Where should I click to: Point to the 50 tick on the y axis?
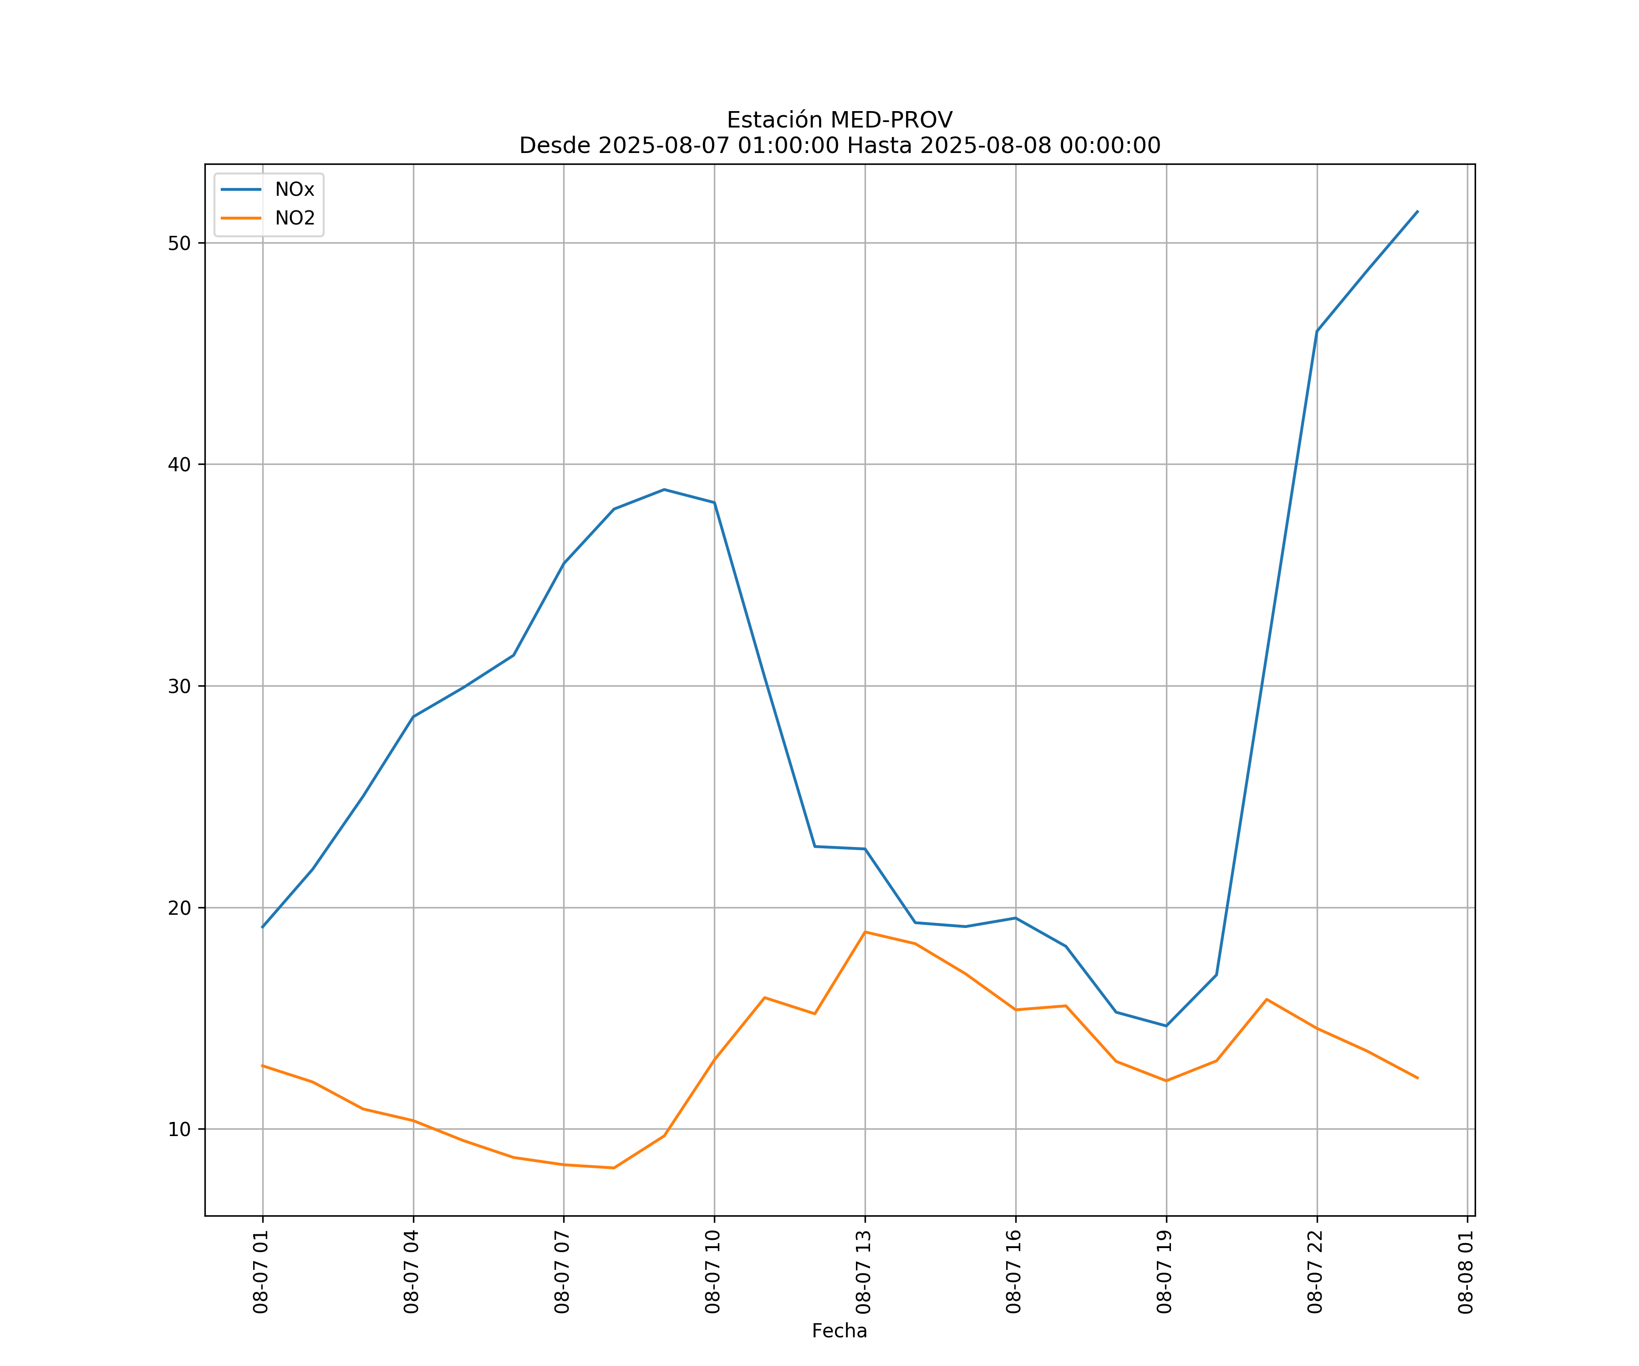179,243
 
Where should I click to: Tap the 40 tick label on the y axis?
179,464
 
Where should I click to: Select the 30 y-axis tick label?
179,686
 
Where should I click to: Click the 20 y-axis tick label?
179,908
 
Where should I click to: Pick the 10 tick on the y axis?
179,1130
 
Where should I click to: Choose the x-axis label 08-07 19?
1165,1272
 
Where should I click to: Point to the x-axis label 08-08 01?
1466,1272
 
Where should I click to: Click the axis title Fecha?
839,1331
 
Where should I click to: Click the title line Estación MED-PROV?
839,120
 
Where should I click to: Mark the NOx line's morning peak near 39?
664,489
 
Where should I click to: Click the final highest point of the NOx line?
1417,211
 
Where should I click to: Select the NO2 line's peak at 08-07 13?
865,932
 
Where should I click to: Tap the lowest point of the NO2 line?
614,1168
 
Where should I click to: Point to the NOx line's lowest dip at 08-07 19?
1166,1026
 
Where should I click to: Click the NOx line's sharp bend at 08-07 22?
1317,332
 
